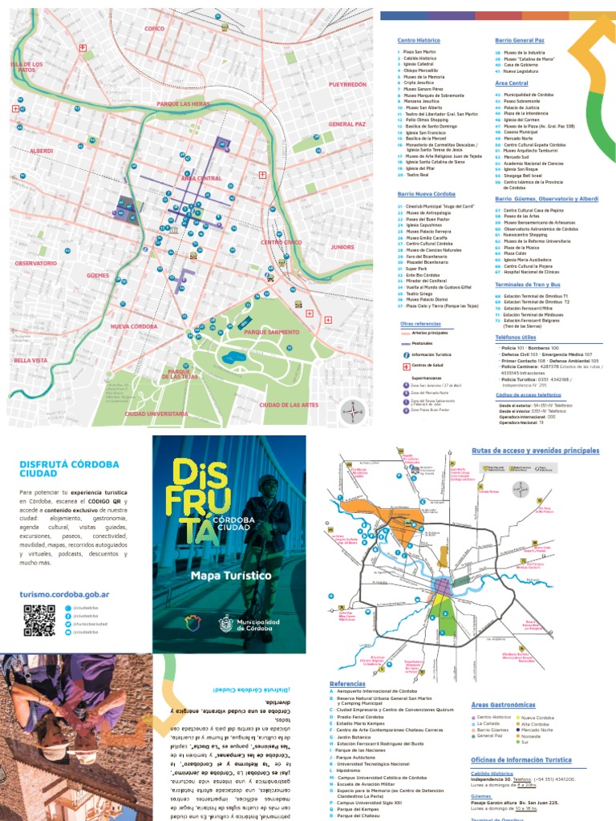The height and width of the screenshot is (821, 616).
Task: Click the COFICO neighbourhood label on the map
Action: point(154,29)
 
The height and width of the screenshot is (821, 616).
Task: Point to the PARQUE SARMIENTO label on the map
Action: point(271,332)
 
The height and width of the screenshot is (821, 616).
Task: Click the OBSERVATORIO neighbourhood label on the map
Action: point(35,263)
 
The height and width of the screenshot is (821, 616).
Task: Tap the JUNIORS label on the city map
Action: point(342,247)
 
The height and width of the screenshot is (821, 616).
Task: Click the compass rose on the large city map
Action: point(352,411)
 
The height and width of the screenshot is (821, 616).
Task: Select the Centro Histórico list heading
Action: point(419,40)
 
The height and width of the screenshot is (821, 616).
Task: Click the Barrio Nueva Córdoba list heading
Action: point(426,194)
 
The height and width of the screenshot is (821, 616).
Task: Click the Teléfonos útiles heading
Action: point(519,338)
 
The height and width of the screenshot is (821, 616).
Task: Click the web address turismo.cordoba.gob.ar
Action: point(63,594)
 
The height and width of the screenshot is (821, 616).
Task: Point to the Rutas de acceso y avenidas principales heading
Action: point(535,451)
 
